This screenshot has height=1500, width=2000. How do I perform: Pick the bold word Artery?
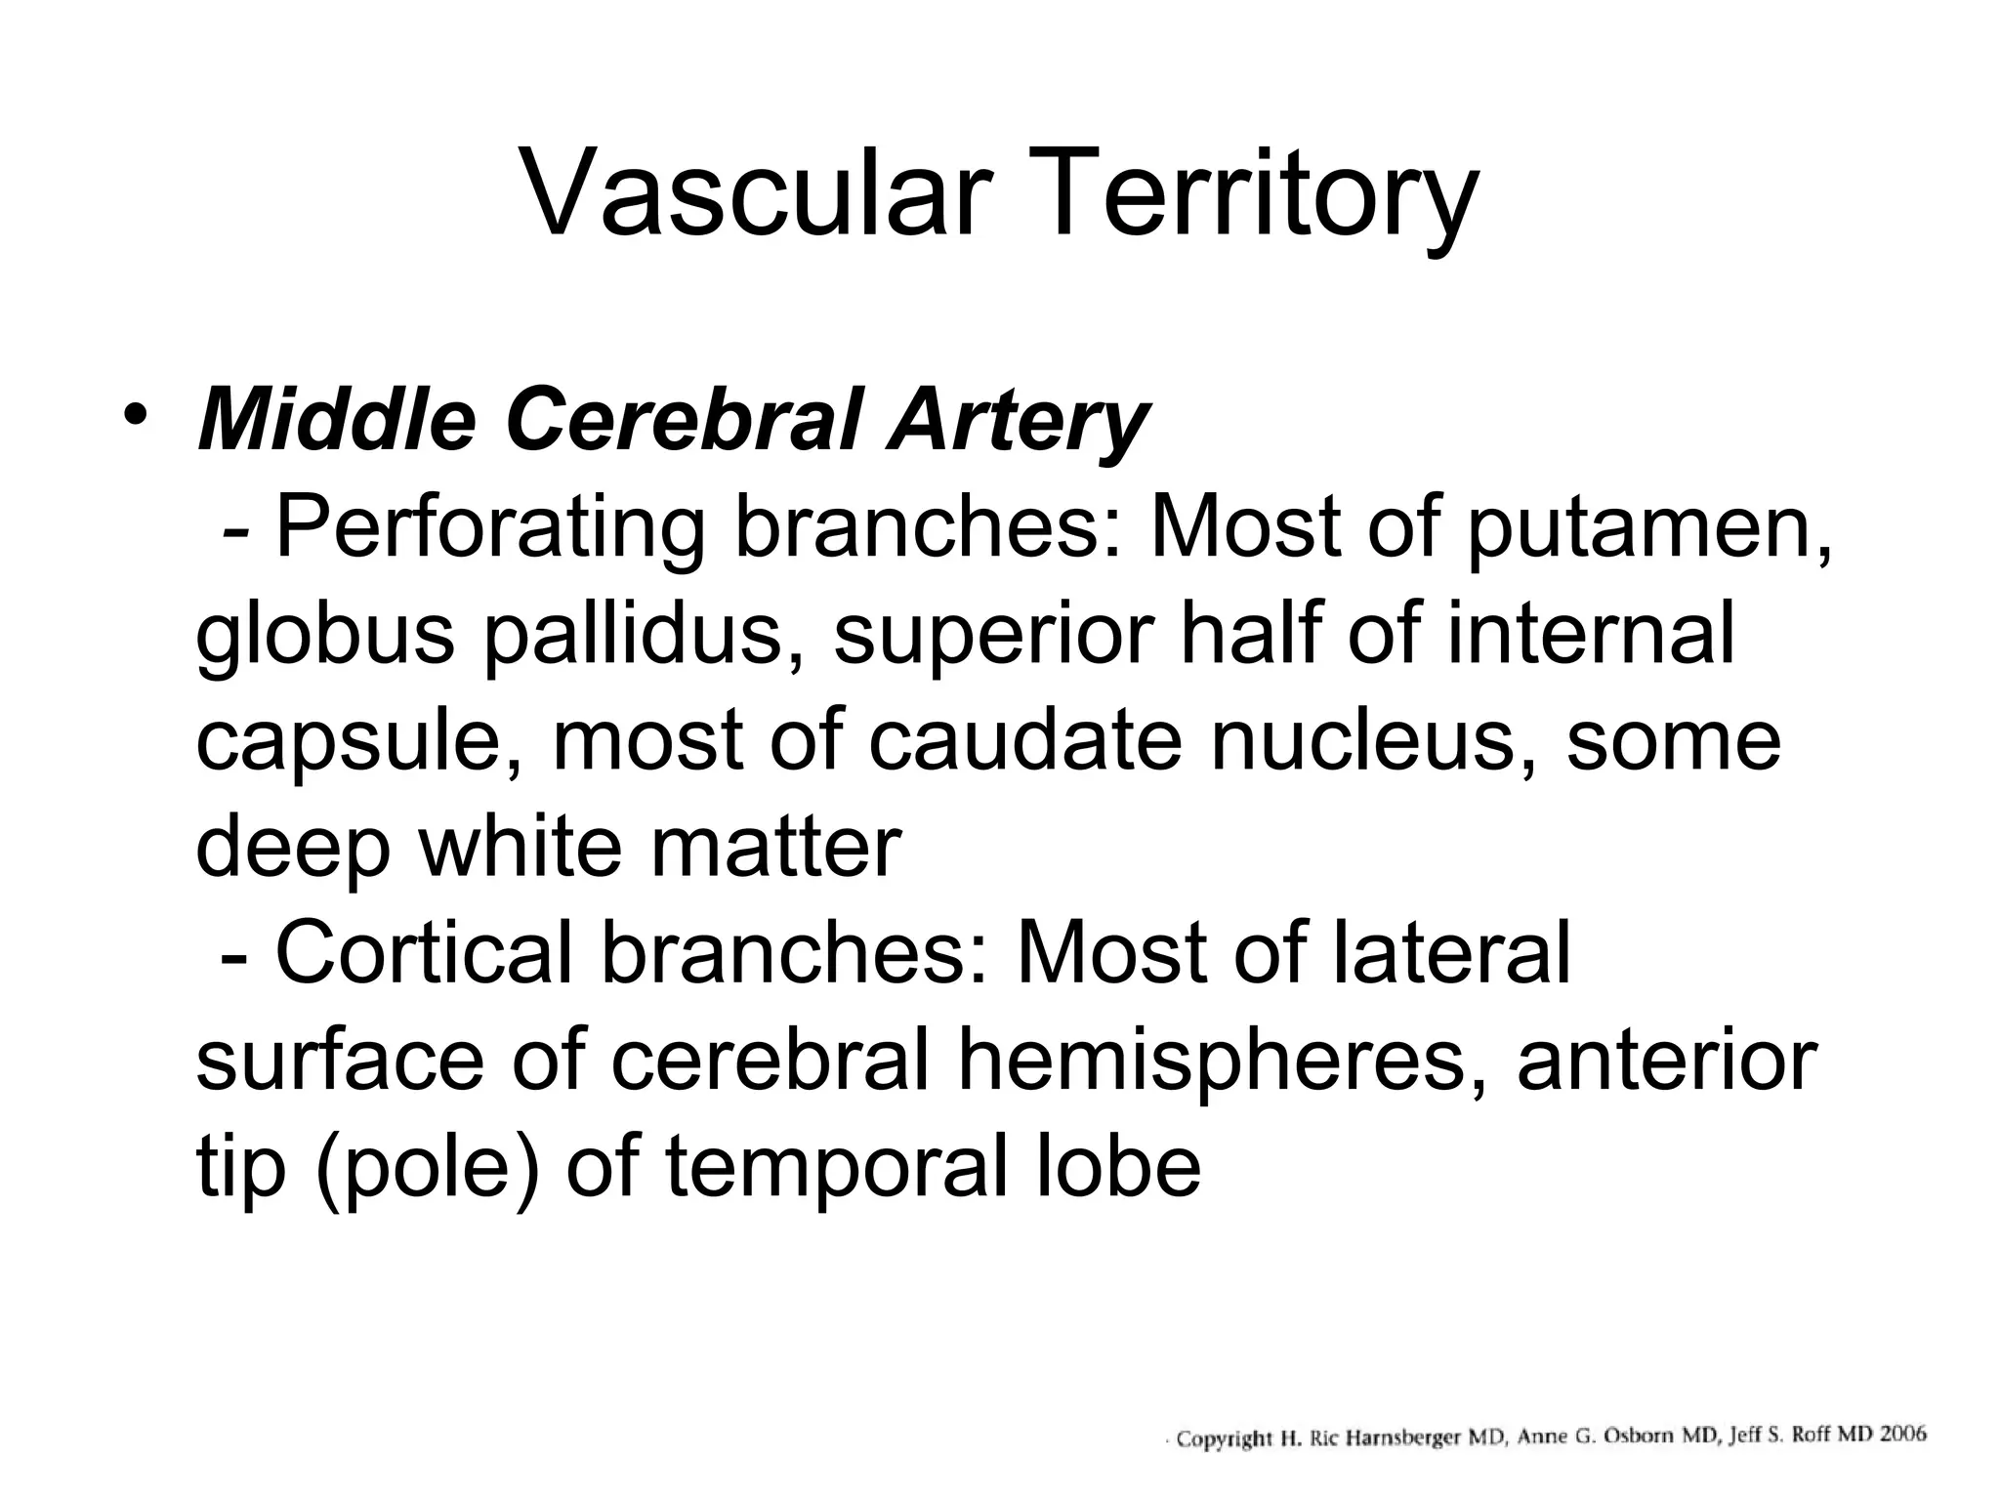[1017, 422]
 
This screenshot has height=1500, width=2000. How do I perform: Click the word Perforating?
[488, 529]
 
